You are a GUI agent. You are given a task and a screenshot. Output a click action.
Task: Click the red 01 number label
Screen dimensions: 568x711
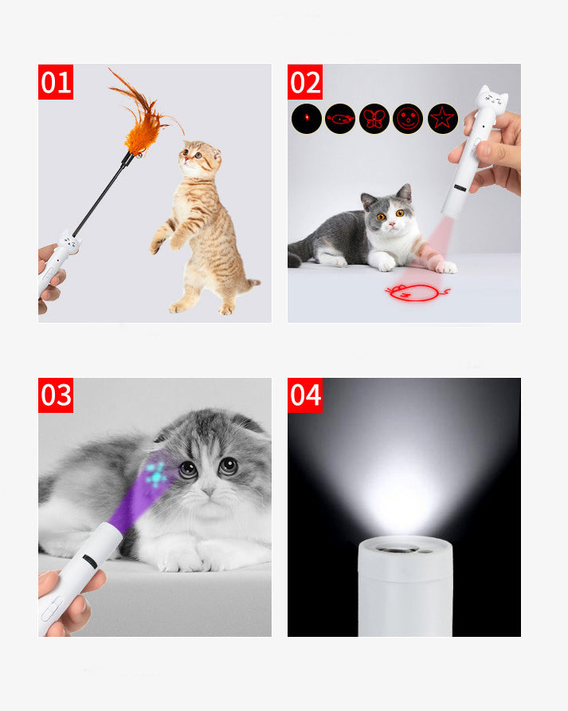(x=56, y=82)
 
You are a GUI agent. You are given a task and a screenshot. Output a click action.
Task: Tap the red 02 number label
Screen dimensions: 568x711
(x=305, y=82)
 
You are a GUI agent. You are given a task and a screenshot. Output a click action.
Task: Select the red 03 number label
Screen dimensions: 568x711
(x=56, y=395)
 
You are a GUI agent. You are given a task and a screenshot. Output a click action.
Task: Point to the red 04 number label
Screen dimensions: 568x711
(x=305, y=395)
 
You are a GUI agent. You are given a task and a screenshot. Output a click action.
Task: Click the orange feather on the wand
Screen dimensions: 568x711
(x=143, y=123)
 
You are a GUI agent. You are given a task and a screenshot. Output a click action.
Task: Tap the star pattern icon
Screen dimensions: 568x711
(x=443, y=119)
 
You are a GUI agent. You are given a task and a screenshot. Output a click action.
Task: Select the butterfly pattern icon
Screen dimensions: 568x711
(x=374, y=119)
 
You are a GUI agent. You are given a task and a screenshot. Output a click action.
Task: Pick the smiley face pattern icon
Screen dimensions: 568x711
(x=408, y=119)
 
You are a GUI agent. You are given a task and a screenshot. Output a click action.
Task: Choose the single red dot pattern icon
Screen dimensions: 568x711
(x=307, y=119)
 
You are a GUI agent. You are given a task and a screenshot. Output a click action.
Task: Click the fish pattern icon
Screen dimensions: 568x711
(x=340, y=119)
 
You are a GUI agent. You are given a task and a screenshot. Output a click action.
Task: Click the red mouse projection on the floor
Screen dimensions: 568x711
(x=416, y=293)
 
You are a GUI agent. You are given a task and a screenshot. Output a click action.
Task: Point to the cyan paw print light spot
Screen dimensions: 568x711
(x=156, y=474)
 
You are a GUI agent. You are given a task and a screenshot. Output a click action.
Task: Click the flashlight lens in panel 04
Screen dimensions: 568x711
(x=399, y=549)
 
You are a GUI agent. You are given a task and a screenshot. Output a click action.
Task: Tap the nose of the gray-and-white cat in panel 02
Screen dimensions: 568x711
(x=392, y=224)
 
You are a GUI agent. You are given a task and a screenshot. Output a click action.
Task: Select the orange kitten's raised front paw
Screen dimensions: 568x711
(x=155, y=246)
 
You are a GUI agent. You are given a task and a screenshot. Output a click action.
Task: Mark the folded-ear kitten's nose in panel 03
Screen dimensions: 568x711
(x=208, y=491)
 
